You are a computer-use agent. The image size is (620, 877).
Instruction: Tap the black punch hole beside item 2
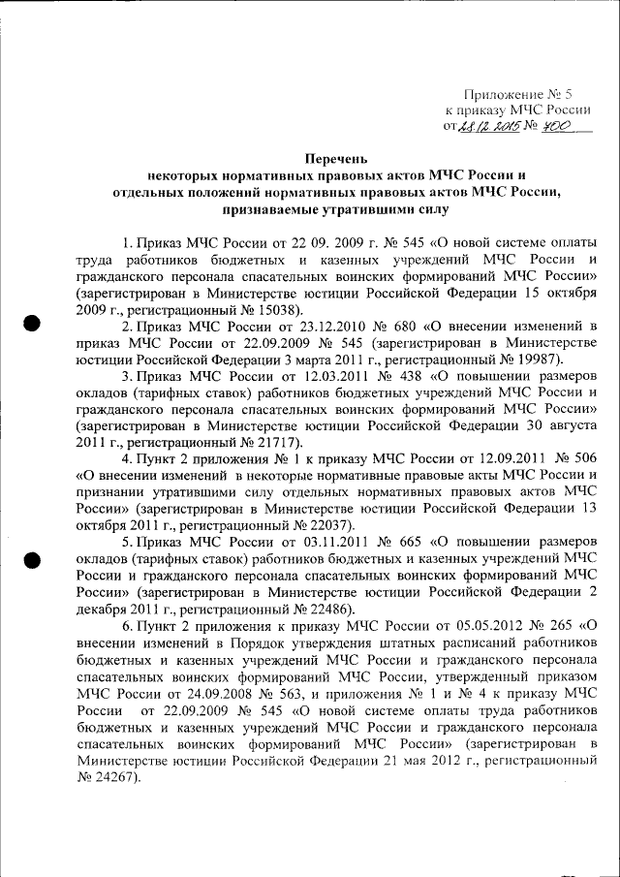point(33,325)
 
